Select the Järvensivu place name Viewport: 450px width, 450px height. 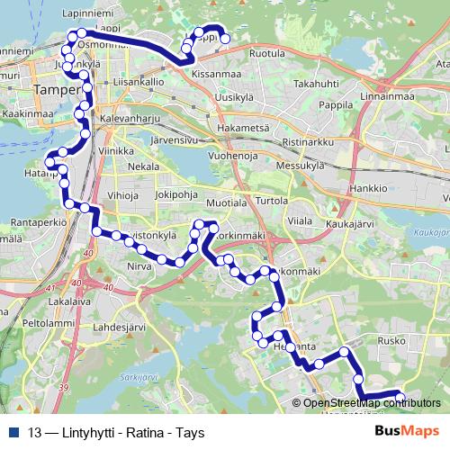tap(178, 141)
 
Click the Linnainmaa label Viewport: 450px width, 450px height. tap(384, 95)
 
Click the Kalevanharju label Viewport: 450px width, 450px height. tap(130, 118)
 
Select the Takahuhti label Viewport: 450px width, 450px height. tap(315, 83)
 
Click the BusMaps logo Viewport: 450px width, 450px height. tap(407, 431)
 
